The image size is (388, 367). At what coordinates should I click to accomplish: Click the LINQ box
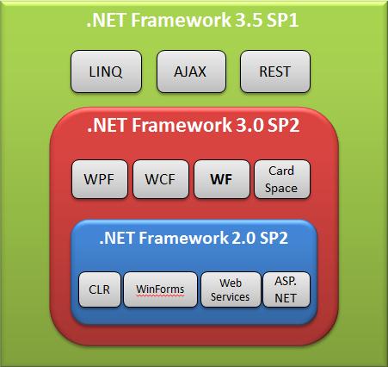[106, 72]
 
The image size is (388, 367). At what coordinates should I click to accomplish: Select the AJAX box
[191, 72]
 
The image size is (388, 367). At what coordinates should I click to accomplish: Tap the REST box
[275, 72]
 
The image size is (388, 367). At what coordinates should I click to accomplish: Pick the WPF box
[100, 179]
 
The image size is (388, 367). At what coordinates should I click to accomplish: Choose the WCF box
[161, 179]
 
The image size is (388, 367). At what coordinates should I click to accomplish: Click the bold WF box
[222, 179]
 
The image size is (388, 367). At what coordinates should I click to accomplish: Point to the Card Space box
[282, 179]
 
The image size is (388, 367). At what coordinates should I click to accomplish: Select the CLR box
[100, 289]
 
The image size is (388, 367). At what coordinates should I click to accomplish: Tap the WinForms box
[161, 289]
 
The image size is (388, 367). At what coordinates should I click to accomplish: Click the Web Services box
[231, 289]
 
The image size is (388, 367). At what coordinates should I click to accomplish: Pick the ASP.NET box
[286, 289]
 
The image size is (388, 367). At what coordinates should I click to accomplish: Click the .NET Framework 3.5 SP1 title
[193, 20]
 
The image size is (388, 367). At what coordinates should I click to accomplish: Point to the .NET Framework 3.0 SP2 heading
[194, 125]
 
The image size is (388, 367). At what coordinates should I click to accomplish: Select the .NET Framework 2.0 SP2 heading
[194, 238]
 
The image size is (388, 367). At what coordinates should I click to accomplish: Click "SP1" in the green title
[282, 21]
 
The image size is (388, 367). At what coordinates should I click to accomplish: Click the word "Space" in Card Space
[281, 189]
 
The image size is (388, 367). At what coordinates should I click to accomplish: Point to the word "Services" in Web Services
[230, 297]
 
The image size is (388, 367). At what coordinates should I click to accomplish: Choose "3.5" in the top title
[248, 21]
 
